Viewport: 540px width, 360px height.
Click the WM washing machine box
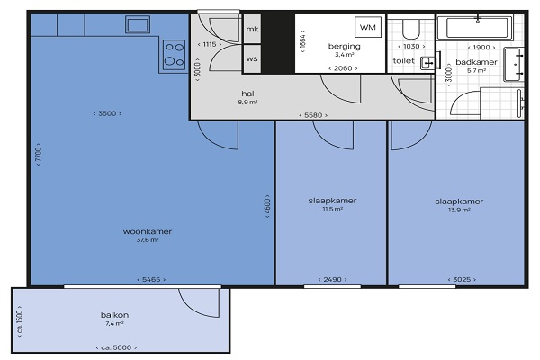(368, 27)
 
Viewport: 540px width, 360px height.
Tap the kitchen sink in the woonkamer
(138, 24)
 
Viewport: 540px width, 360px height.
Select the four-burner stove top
(174, 55)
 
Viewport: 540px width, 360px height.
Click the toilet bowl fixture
(411, 29)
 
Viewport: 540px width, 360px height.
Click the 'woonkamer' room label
(148, 231)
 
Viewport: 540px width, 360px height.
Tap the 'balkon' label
(114, 315)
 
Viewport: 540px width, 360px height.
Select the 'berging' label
(345, 47)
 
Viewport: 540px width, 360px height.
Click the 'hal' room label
(248, 94)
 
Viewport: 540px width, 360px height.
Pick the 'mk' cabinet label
(252, 30)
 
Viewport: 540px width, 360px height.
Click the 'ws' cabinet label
(252, 58)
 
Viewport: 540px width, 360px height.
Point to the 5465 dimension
(151, 279)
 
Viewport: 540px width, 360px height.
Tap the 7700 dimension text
(39, 154)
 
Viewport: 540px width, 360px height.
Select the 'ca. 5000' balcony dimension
(116, 347)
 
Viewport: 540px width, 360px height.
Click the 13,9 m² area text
(459, 210)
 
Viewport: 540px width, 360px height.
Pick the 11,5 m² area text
(332, 209)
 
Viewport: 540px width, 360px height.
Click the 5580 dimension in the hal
(313, 115)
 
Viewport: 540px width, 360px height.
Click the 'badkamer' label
(477, 62)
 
